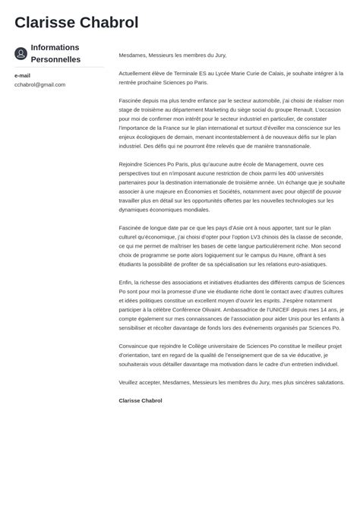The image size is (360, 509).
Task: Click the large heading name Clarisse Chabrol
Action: click(x=76, y=23)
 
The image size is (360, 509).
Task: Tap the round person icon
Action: click(x=21, y=53)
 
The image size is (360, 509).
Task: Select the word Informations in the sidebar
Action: click(x=55, y=47)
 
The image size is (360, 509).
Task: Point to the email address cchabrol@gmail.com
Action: click(x=39, y=84)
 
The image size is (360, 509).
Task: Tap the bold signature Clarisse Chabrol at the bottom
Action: click(x=141, y=400)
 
